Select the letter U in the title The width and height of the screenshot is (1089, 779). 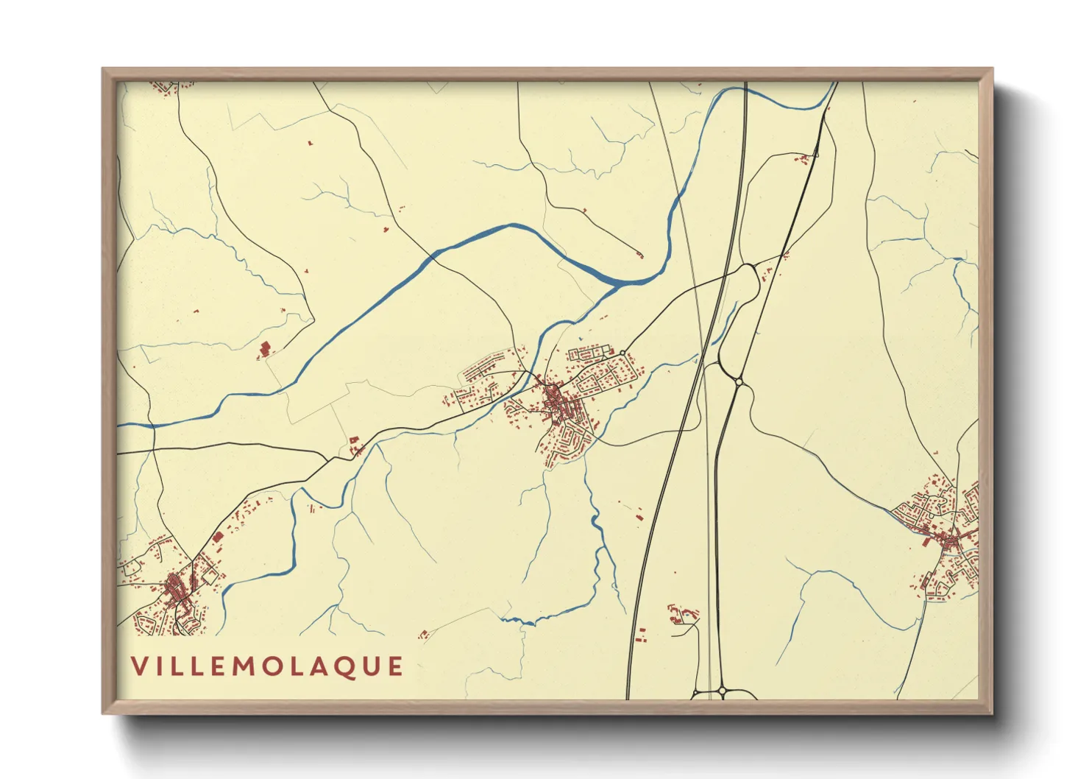[x=369, y=666]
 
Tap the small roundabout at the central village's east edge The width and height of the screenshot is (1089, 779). [x=623, y=353]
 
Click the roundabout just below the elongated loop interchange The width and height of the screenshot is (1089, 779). [x=739, y=381]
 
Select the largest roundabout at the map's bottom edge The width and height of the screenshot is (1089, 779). [x=722, y=691]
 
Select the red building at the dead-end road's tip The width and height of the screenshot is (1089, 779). [x=639, y=255]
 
